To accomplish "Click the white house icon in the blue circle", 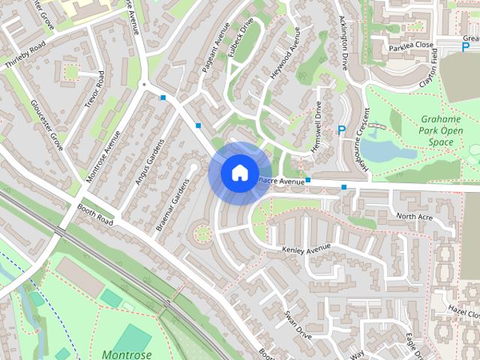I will pyautogui.click(x=238, y=173).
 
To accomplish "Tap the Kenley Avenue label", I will pyautogui.click(x=306, y=248).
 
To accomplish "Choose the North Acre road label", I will pyautogui.click(x=415, y=217).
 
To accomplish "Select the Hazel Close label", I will pyautogui.click(x=463, y=309).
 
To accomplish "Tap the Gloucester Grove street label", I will pyautogui.click(x=47, y=124).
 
